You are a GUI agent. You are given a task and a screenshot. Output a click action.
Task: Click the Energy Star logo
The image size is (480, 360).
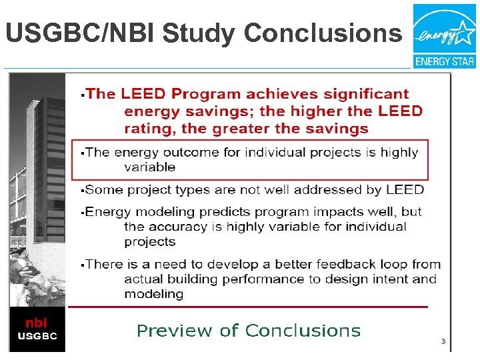pos(444,35)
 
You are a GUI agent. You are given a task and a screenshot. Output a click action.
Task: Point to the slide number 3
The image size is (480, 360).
pos(442,341)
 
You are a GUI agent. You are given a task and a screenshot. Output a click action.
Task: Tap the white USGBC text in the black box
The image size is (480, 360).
pos(37,335)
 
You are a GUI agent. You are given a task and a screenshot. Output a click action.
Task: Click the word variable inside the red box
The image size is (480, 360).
pos(150,167)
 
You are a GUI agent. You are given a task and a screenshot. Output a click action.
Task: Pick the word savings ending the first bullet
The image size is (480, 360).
pos(335,128)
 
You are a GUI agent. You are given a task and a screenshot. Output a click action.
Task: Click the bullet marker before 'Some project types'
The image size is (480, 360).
pos(81,191)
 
